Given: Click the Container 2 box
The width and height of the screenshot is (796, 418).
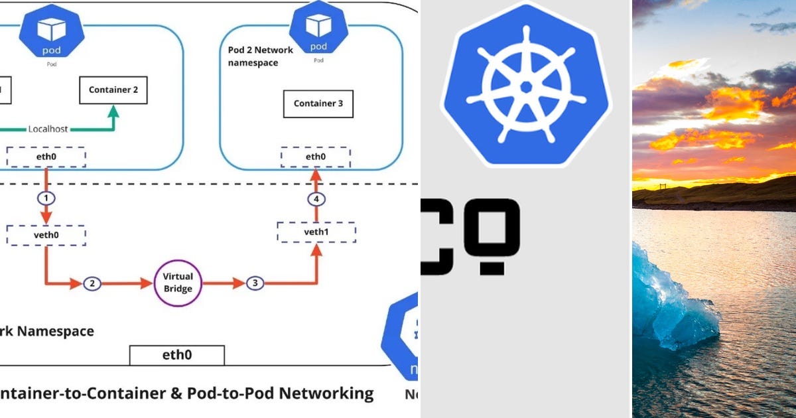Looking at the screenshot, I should point(113,90).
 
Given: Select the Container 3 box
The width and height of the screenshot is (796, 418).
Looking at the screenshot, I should point(318,104).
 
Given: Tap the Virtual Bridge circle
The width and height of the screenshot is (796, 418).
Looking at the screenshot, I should point(178,283).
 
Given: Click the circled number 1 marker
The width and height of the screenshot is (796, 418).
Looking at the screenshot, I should point(46,198).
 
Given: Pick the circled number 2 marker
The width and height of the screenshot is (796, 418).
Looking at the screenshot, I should point(92,283).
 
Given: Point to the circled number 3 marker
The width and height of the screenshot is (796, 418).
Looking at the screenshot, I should point(255,283).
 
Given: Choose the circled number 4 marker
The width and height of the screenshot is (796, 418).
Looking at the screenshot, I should point(316,199).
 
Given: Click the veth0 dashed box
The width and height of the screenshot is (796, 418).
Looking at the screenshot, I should point(46,235).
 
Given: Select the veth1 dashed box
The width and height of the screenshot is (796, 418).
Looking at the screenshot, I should point(316,232).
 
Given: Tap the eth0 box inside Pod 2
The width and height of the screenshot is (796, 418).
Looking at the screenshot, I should point(316,157).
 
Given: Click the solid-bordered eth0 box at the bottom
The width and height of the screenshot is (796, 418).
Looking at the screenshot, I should point(177,355).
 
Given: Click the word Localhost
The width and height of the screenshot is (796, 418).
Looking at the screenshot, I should point(48,129).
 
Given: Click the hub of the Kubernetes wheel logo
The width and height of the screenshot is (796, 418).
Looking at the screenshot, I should point(526,87).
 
